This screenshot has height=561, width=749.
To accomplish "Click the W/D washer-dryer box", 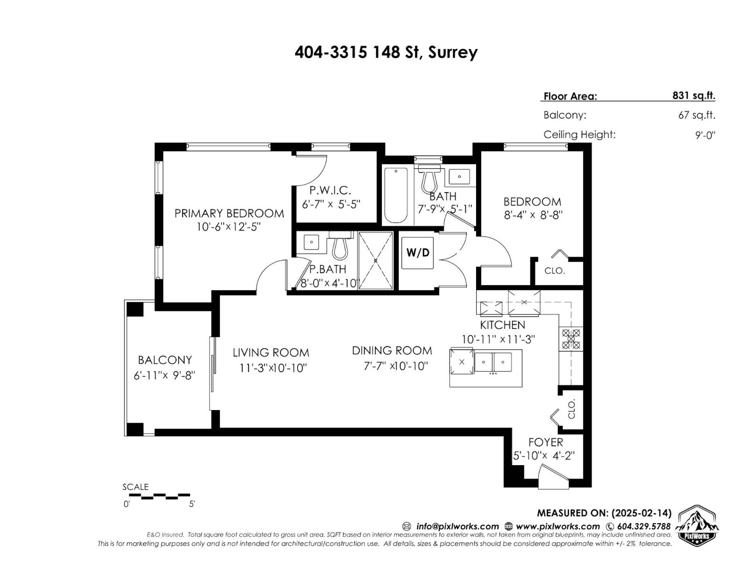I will [418, 253].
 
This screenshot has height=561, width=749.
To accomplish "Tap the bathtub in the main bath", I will [396, 195].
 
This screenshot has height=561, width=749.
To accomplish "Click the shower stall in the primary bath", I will [375, 260].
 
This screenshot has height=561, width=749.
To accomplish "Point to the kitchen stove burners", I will [571, 339].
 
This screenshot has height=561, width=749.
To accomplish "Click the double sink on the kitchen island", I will [493, 362].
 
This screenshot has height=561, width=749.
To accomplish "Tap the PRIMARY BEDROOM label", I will [229, 213].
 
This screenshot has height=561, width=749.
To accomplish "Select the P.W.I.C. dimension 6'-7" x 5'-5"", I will [331, 204].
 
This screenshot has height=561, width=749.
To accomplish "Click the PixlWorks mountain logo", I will [697, 525].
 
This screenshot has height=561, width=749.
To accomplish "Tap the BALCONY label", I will [165, 360].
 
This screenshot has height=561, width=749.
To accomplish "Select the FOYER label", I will [545, 442].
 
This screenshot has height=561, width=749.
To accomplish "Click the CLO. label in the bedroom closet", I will [555, 271].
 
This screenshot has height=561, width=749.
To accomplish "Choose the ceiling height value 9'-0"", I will [705, 136].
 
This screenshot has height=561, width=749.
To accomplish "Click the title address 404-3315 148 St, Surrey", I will [386, 52].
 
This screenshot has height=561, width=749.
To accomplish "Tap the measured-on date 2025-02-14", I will [641, 513].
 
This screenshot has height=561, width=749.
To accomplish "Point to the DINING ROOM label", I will [392, 351].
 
